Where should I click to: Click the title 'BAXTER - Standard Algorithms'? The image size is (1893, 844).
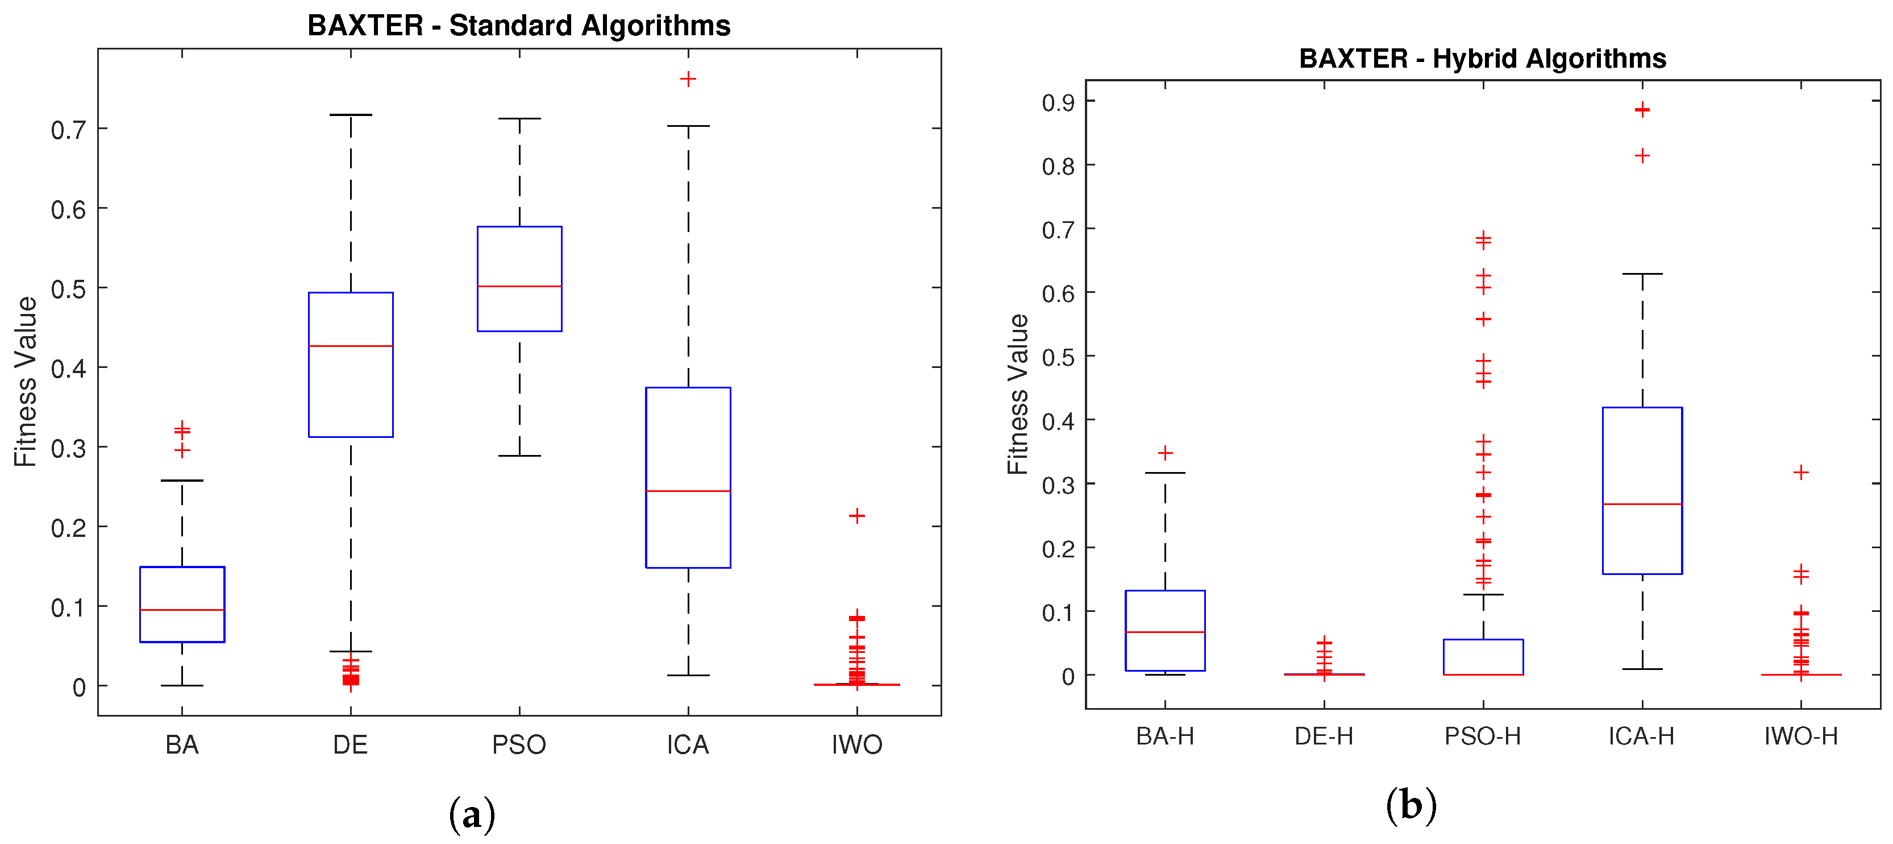(519, 26)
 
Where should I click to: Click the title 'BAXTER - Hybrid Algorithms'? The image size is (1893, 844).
(1482, 59)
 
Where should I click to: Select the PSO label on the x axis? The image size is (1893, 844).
(519, 744)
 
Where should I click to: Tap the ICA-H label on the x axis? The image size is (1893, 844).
(1641, 736)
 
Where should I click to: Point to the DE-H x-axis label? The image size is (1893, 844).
(1324, 736)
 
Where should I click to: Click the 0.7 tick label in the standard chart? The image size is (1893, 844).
(68, 130)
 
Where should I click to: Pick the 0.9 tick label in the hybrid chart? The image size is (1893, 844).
(1058, 103)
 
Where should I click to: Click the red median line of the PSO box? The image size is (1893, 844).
(519, 286)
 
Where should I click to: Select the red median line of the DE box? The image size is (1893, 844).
(351, 346)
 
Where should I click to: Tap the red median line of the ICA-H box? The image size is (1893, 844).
(1642, 504)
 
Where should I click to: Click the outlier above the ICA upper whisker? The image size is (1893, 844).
(688, 78)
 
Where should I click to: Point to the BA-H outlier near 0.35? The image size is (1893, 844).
(1165, 453)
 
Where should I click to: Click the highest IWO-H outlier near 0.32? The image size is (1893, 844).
(1800, 472)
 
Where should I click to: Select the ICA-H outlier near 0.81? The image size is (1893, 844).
(1642, 156)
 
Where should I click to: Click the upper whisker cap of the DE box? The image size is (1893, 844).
(351, 115)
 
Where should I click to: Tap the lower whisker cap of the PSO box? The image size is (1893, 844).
(519, 456)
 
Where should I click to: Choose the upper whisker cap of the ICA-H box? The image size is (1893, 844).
(1642, 274)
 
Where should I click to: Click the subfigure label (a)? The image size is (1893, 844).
(472, 814)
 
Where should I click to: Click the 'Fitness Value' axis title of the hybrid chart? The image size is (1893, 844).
(1018, 394)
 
